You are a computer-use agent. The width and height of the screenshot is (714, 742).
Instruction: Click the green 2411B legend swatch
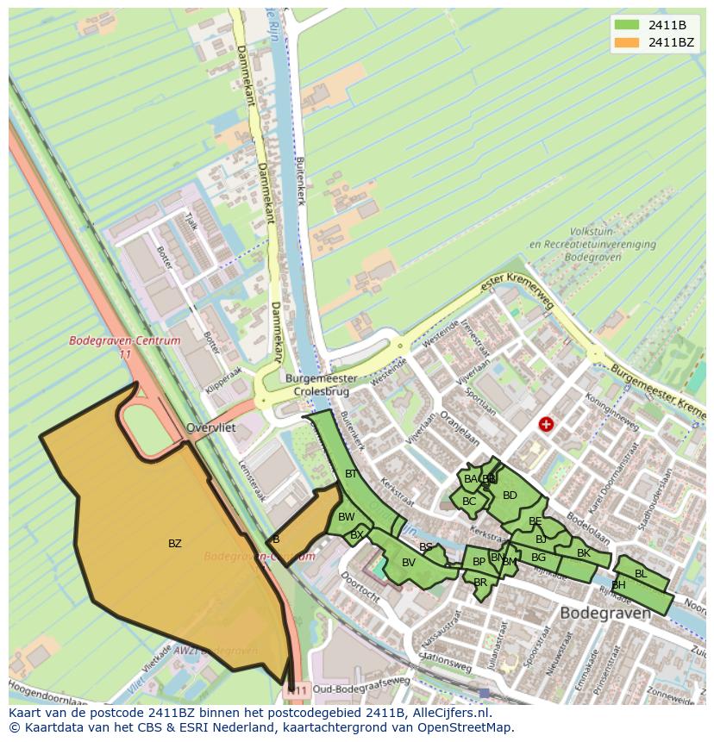click(627, 24)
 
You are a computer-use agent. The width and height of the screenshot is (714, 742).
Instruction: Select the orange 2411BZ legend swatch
click(627, 42)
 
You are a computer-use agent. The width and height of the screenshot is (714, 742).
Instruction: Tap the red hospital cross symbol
click(545, 424)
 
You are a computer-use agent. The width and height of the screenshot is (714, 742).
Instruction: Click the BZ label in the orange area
click(175, 544)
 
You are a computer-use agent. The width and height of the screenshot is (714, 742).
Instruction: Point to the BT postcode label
click(351, 474)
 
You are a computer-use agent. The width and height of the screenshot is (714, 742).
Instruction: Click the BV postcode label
click(409, 563)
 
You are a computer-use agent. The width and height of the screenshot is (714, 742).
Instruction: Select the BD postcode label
click(510, 496)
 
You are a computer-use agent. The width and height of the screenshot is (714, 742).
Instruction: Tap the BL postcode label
click(640, 574)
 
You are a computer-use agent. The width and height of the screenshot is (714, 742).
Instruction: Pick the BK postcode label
click(584, 553)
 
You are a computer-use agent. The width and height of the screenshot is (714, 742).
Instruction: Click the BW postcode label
click(346, 517)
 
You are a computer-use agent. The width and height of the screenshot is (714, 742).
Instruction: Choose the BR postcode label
click(480, 583)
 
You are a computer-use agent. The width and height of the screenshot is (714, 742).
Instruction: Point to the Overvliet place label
click(211, 427)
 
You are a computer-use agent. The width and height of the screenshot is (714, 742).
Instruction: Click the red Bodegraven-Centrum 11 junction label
click(125, 346)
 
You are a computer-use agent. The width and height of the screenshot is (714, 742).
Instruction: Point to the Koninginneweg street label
click(611, 411)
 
